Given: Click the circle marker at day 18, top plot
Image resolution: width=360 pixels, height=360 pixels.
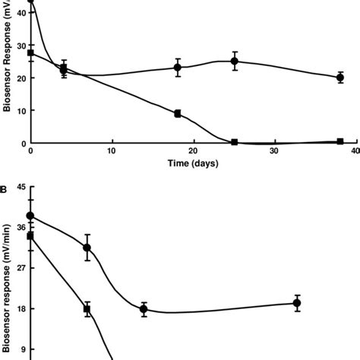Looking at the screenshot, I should coord(178,68).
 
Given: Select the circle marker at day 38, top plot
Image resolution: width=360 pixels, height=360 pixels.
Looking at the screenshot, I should coord(340,77).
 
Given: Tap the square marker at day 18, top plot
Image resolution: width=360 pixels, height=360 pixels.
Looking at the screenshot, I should coord(178,113).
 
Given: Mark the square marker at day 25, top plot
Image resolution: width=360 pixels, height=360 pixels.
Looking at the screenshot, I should coord(235,142).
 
